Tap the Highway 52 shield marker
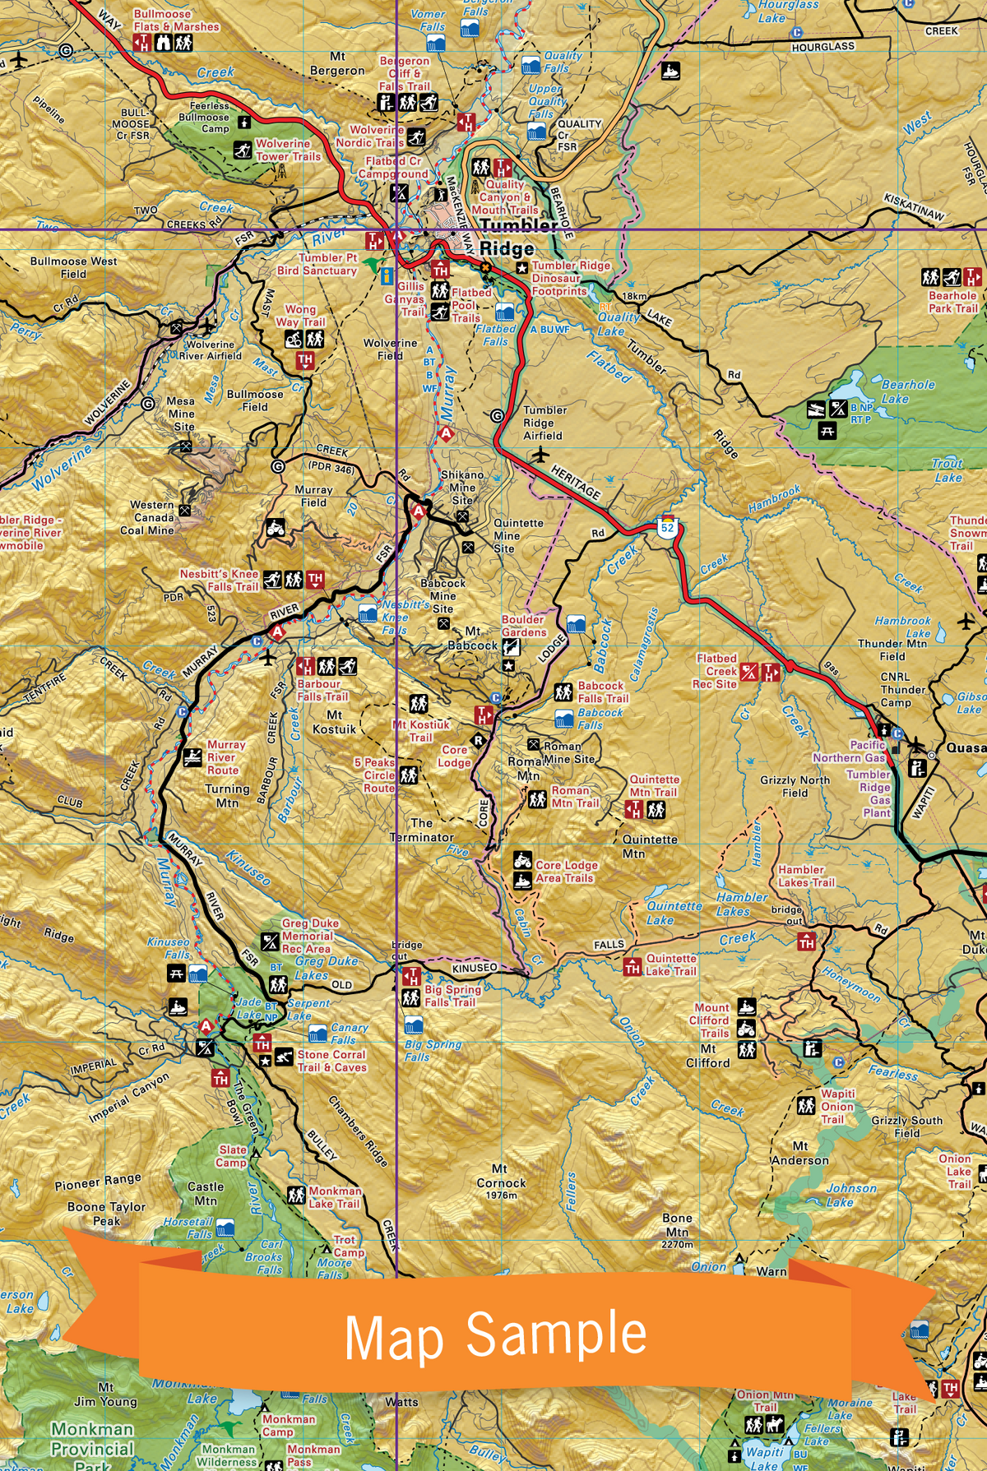pos(668,527)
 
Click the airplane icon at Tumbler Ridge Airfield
pos(540,455)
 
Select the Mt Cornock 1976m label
pos(500,1182)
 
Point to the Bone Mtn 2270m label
pos(677,1231)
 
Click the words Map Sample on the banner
pos(495,1335)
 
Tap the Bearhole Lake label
pos(907,391)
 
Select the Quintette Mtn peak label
pos(650,846)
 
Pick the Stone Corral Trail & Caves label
pos(331,1061)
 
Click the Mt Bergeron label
pos(337,64)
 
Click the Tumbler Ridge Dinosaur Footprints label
pos(570,278)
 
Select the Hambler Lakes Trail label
pos(805,876)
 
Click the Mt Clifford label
pos(707,1056)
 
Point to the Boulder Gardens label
pos(524,626)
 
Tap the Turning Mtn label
pos(227,796)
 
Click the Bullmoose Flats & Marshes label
pos(175,21)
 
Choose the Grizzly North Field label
pos(794,786)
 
